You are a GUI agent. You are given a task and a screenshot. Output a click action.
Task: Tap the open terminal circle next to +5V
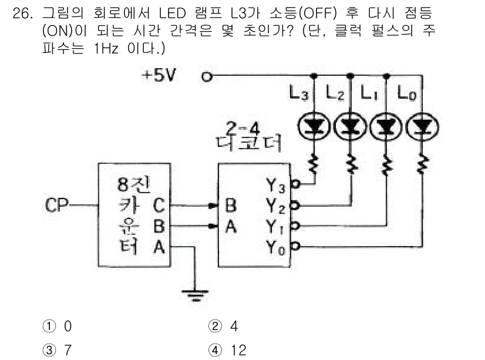[x=206, y=76]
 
